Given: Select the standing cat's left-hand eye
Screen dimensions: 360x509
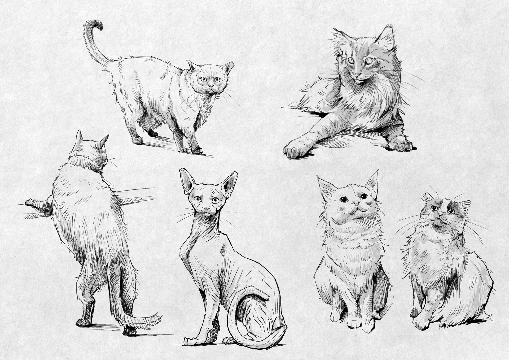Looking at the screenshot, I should click(x=203, y=79).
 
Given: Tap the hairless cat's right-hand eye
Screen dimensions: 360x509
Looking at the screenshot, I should click(x=215, y=200).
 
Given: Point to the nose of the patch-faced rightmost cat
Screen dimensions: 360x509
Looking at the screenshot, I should click(x=440, y=213).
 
